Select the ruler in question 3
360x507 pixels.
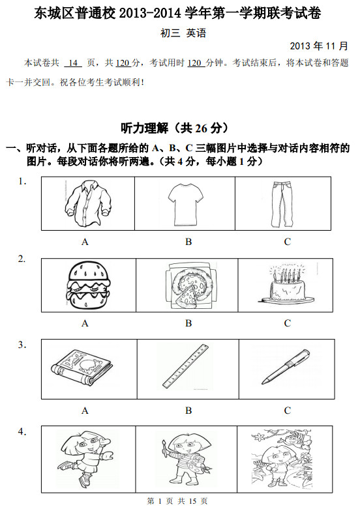pyautogui.click(x=187, y=369)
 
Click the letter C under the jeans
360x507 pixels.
pyautogui.click(x=287, y=242)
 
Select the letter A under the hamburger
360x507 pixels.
pyautogui.click(x=85, y=323)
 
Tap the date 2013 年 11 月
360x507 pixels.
pyautogui.click(x=319, y=46)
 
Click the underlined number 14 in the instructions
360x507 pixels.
pyautogui.click(x=74, y=63)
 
